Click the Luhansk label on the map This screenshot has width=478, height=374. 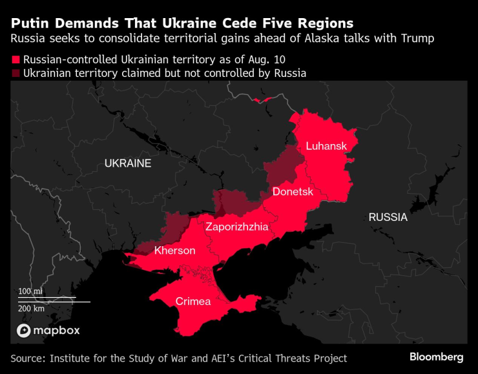[326, 146]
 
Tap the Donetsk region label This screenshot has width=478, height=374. [293, 192]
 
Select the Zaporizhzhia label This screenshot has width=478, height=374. [236, 227]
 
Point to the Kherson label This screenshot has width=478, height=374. [174, 250]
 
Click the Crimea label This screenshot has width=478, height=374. [193, 302]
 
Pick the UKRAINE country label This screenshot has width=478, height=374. [128, 163]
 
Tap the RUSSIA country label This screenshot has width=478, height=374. [388, 217]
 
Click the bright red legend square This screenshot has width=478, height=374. [15, 59]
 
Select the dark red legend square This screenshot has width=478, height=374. [15, 74]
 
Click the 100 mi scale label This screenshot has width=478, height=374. [30, 291]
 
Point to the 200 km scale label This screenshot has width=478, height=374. [31, 309]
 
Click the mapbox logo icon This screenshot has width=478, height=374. [24, 331]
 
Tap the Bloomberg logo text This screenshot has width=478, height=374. [436, 357]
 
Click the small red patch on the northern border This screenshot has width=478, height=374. [261, 99]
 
